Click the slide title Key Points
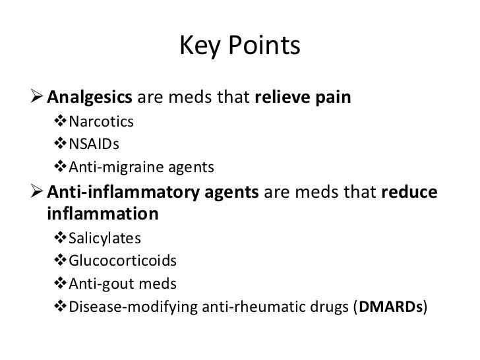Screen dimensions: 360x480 coord(239,47)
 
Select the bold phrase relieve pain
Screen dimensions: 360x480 coord(303,99)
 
